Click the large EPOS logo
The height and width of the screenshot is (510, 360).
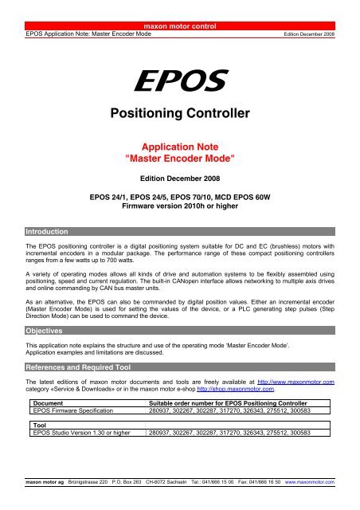pos(179,79)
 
